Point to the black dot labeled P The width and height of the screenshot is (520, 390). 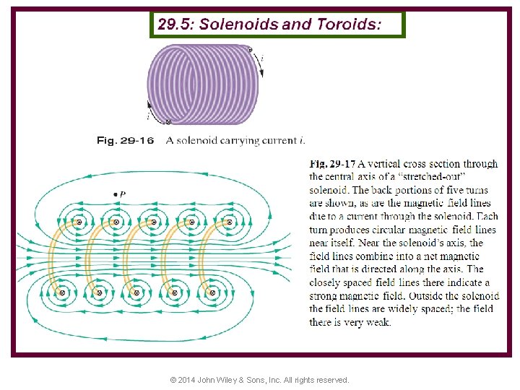tap(116, 195)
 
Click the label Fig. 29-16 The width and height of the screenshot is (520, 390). tap(125, 141)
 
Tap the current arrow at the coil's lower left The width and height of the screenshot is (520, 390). tap(149, 110)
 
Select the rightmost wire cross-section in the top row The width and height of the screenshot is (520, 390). tap(230, 222)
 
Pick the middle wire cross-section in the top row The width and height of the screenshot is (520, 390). tap(153, 222)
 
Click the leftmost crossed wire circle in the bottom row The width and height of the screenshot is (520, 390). tap(62, 292)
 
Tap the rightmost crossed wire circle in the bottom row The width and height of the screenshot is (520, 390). tap(213, 292)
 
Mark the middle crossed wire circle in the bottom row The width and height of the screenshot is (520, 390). tap(136, 292)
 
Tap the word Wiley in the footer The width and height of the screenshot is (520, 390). tap(240, 380)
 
